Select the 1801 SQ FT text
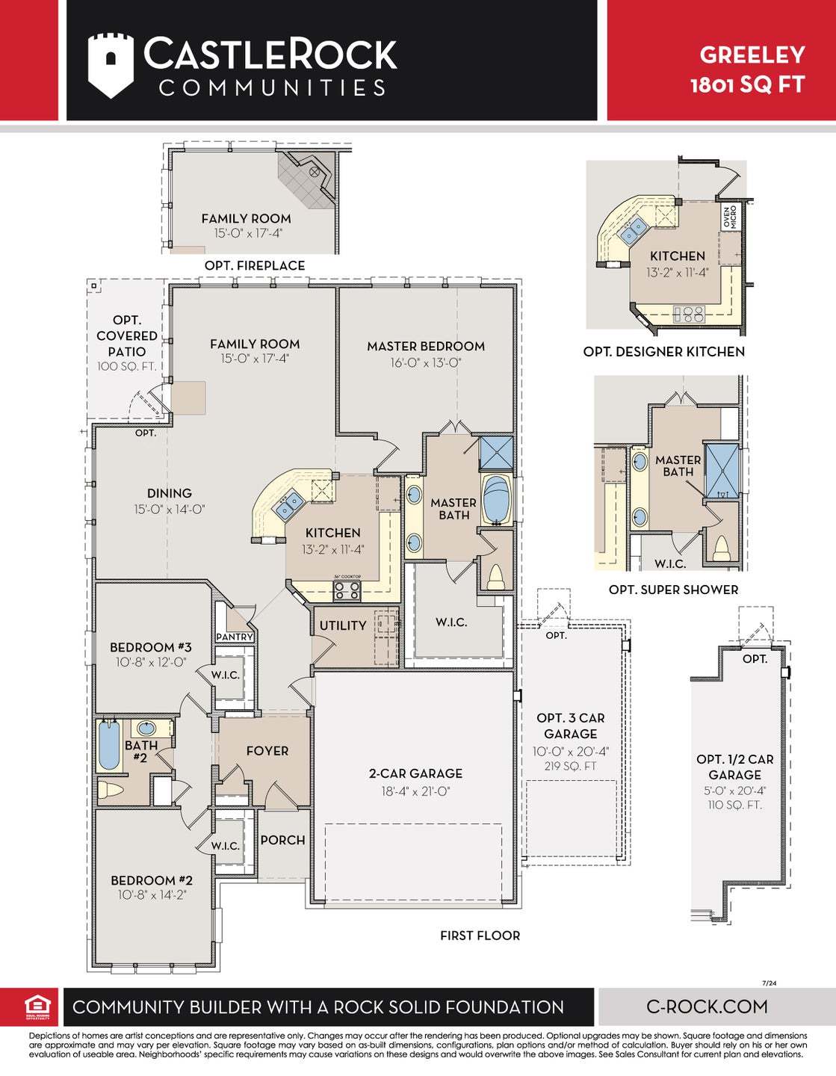pos(747,84)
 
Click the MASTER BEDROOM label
pos(425,346)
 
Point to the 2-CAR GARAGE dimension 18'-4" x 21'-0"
pos(415,791)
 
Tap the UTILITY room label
pos(343,625)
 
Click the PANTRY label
pos(235,637)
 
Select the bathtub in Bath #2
pos(109,745)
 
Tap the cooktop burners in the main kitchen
pos(347,590)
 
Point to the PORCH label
pos(282,840)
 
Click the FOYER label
pos(267,751)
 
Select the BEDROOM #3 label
pos(150,647)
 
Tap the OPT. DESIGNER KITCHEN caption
pos(663,351)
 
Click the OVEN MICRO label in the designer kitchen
pos(729,217)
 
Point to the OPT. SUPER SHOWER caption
pos(673,590)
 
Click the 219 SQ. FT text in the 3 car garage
pos(570,766)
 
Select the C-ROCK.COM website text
pos(707,1007)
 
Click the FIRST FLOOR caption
pos(480,936)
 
